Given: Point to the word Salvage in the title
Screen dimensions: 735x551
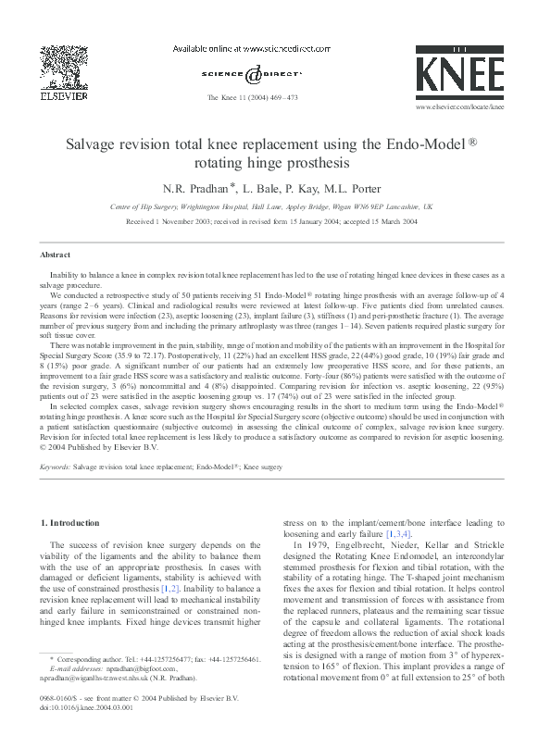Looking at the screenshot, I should tap(89, 145).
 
